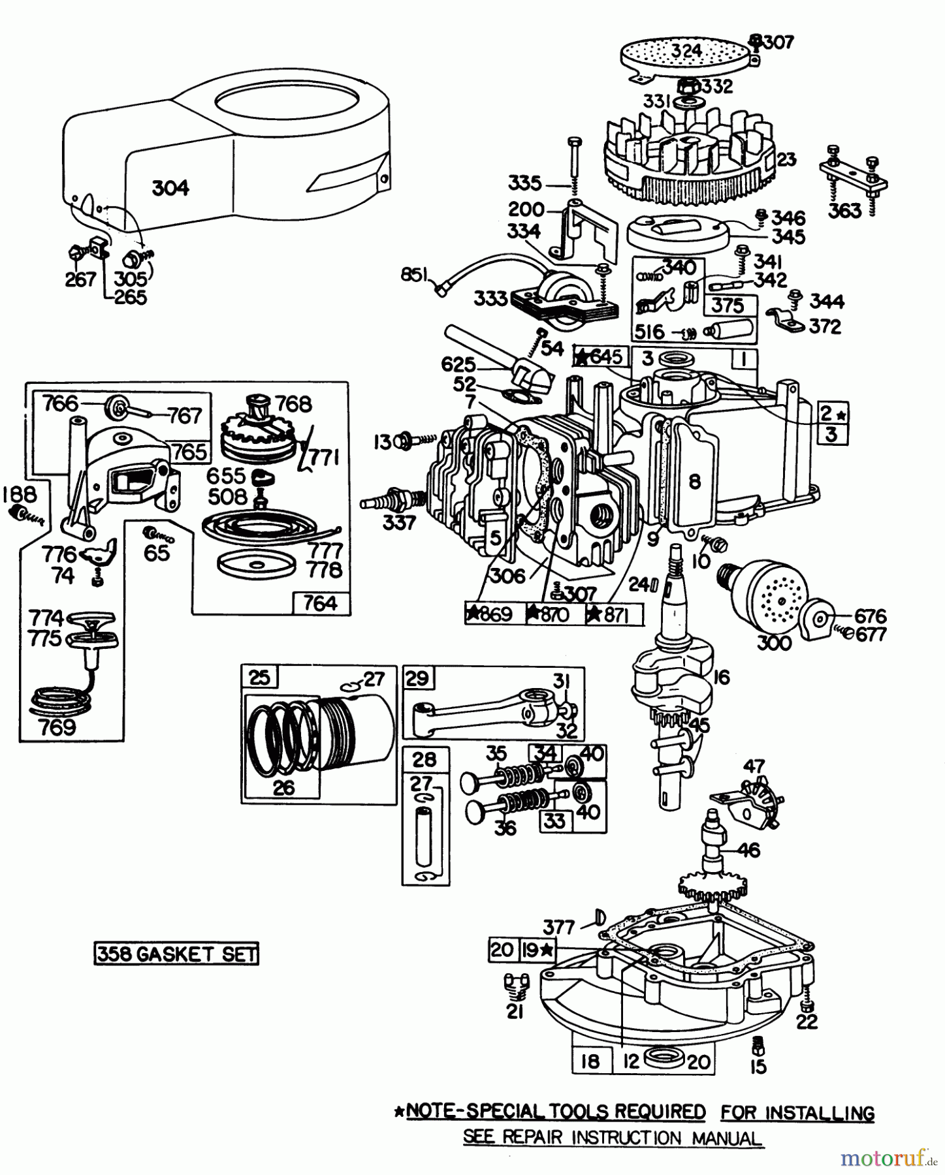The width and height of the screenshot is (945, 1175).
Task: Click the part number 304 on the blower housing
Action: click(x=170, y=188)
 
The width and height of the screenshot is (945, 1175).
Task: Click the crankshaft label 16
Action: click(x=721, y=676)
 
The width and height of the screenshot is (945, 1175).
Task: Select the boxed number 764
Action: click(x=320, y=603)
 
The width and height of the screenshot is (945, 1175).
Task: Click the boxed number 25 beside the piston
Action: click(x=259, y=677)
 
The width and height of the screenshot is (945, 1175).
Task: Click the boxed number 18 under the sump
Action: click(x=589, y=1061)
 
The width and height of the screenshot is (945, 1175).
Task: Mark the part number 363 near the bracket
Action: click(x=844, y=210)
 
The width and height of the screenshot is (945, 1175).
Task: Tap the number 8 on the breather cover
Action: click(x=694, y=482)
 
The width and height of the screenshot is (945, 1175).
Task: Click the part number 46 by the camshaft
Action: click(x=750, y=849)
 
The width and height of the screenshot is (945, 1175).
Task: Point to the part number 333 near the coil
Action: click(x=491, y=298)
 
